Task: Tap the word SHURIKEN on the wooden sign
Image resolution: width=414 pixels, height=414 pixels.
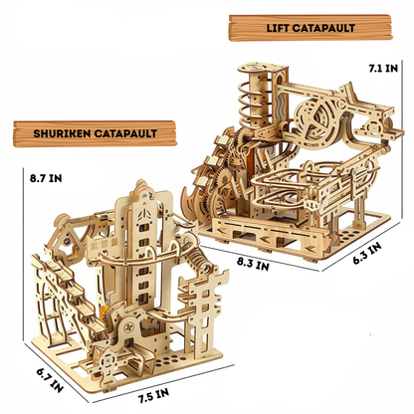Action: pos(51,130)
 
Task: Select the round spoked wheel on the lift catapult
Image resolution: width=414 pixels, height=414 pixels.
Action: pos(305,118)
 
